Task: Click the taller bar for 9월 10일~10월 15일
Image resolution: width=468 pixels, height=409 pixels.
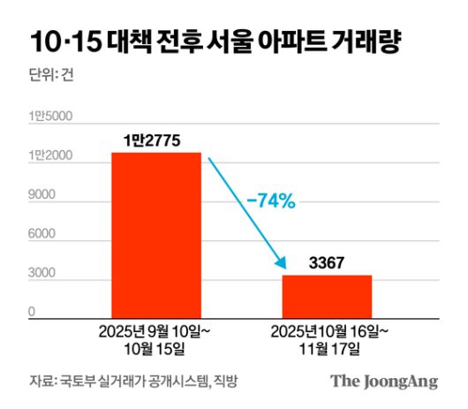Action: tap(155, 234)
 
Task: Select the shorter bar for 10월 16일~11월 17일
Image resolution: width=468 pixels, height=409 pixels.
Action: tap(327, 296)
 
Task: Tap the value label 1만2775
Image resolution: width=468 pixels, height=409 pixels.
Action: tap(156, 138)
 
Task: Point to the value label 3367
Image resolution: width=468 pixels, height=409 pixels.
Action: tap(327, 262)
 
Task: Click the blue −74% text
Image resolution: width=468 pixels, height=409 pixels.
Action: tap(270, 201)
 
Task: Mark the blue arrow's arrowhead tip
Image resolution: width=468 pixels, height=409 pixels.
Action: tap(284, 268)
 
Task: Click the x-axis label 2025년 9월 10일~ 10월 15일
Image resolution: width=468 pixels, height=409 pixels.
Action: tap(155, 340)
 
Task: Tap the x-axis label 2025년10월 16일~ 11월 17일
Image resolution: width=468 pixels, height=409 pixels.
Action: tap(327, 340)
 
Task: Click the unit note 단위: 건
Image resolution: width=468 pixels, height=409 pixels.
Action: tap(52, 74)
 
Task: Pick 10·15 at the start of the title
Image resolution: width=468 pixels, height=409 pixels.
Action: tap(63, 42)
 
